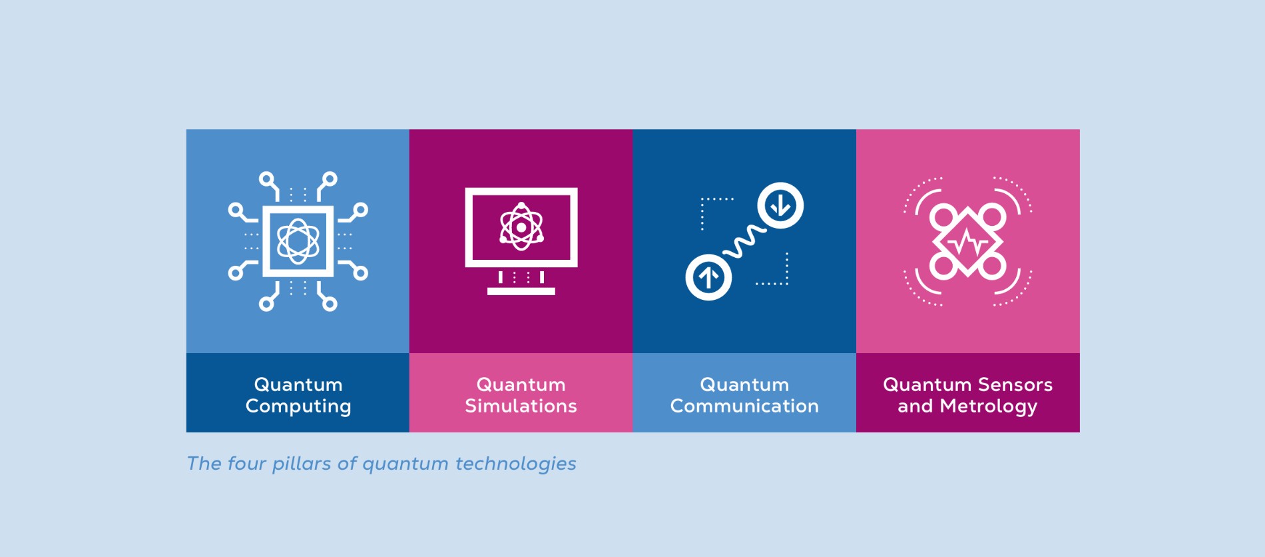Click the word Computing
[298, 406]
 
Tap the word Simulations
[521, 406]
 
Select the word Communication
[744, 406]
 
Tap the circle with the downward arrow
[780, 205]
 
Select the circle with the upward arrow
[708, 277]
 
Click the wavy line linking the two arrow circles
[744, 241]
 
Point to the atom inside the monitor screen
[521, 227]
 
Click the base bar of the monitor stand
[521, 291]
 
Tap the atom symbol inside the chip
[298, 241]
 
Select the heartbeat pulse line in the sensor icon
[967, 243]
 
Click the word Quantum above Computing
[298, 384]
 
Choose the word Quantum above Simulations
[521, 384]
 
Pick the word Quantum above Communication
[744, 384]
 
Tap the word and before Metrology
[915, 406]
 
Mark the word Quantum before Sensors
[927, 384]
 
